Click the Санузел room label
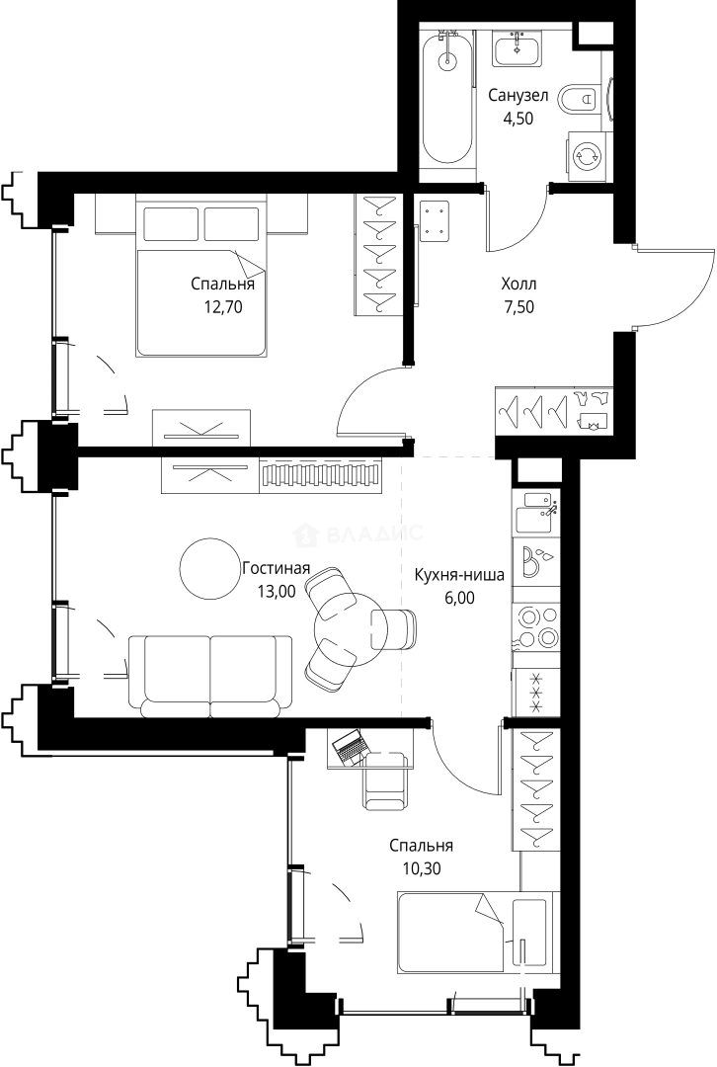[x=518, y=96]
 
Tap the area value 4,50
[x=518, y=119]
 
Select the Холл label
[x=518, y=284]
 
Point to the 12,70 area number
[x=222, y=307]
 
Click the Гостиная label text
[x=277, y=568]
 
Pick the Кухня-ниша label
[x=459, y=576]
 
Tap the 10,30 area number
[x=421, y=867]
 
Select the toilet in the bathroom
[x=579, y=100]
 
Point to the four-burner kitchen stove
[x=536, y=626]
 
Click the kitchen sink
[x=536, y=512]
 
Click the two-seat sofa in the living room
[x=210, y=677]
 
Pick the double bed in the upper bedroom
[x=201, y=276]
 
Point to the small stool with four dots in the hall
[x=435, y=222]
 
